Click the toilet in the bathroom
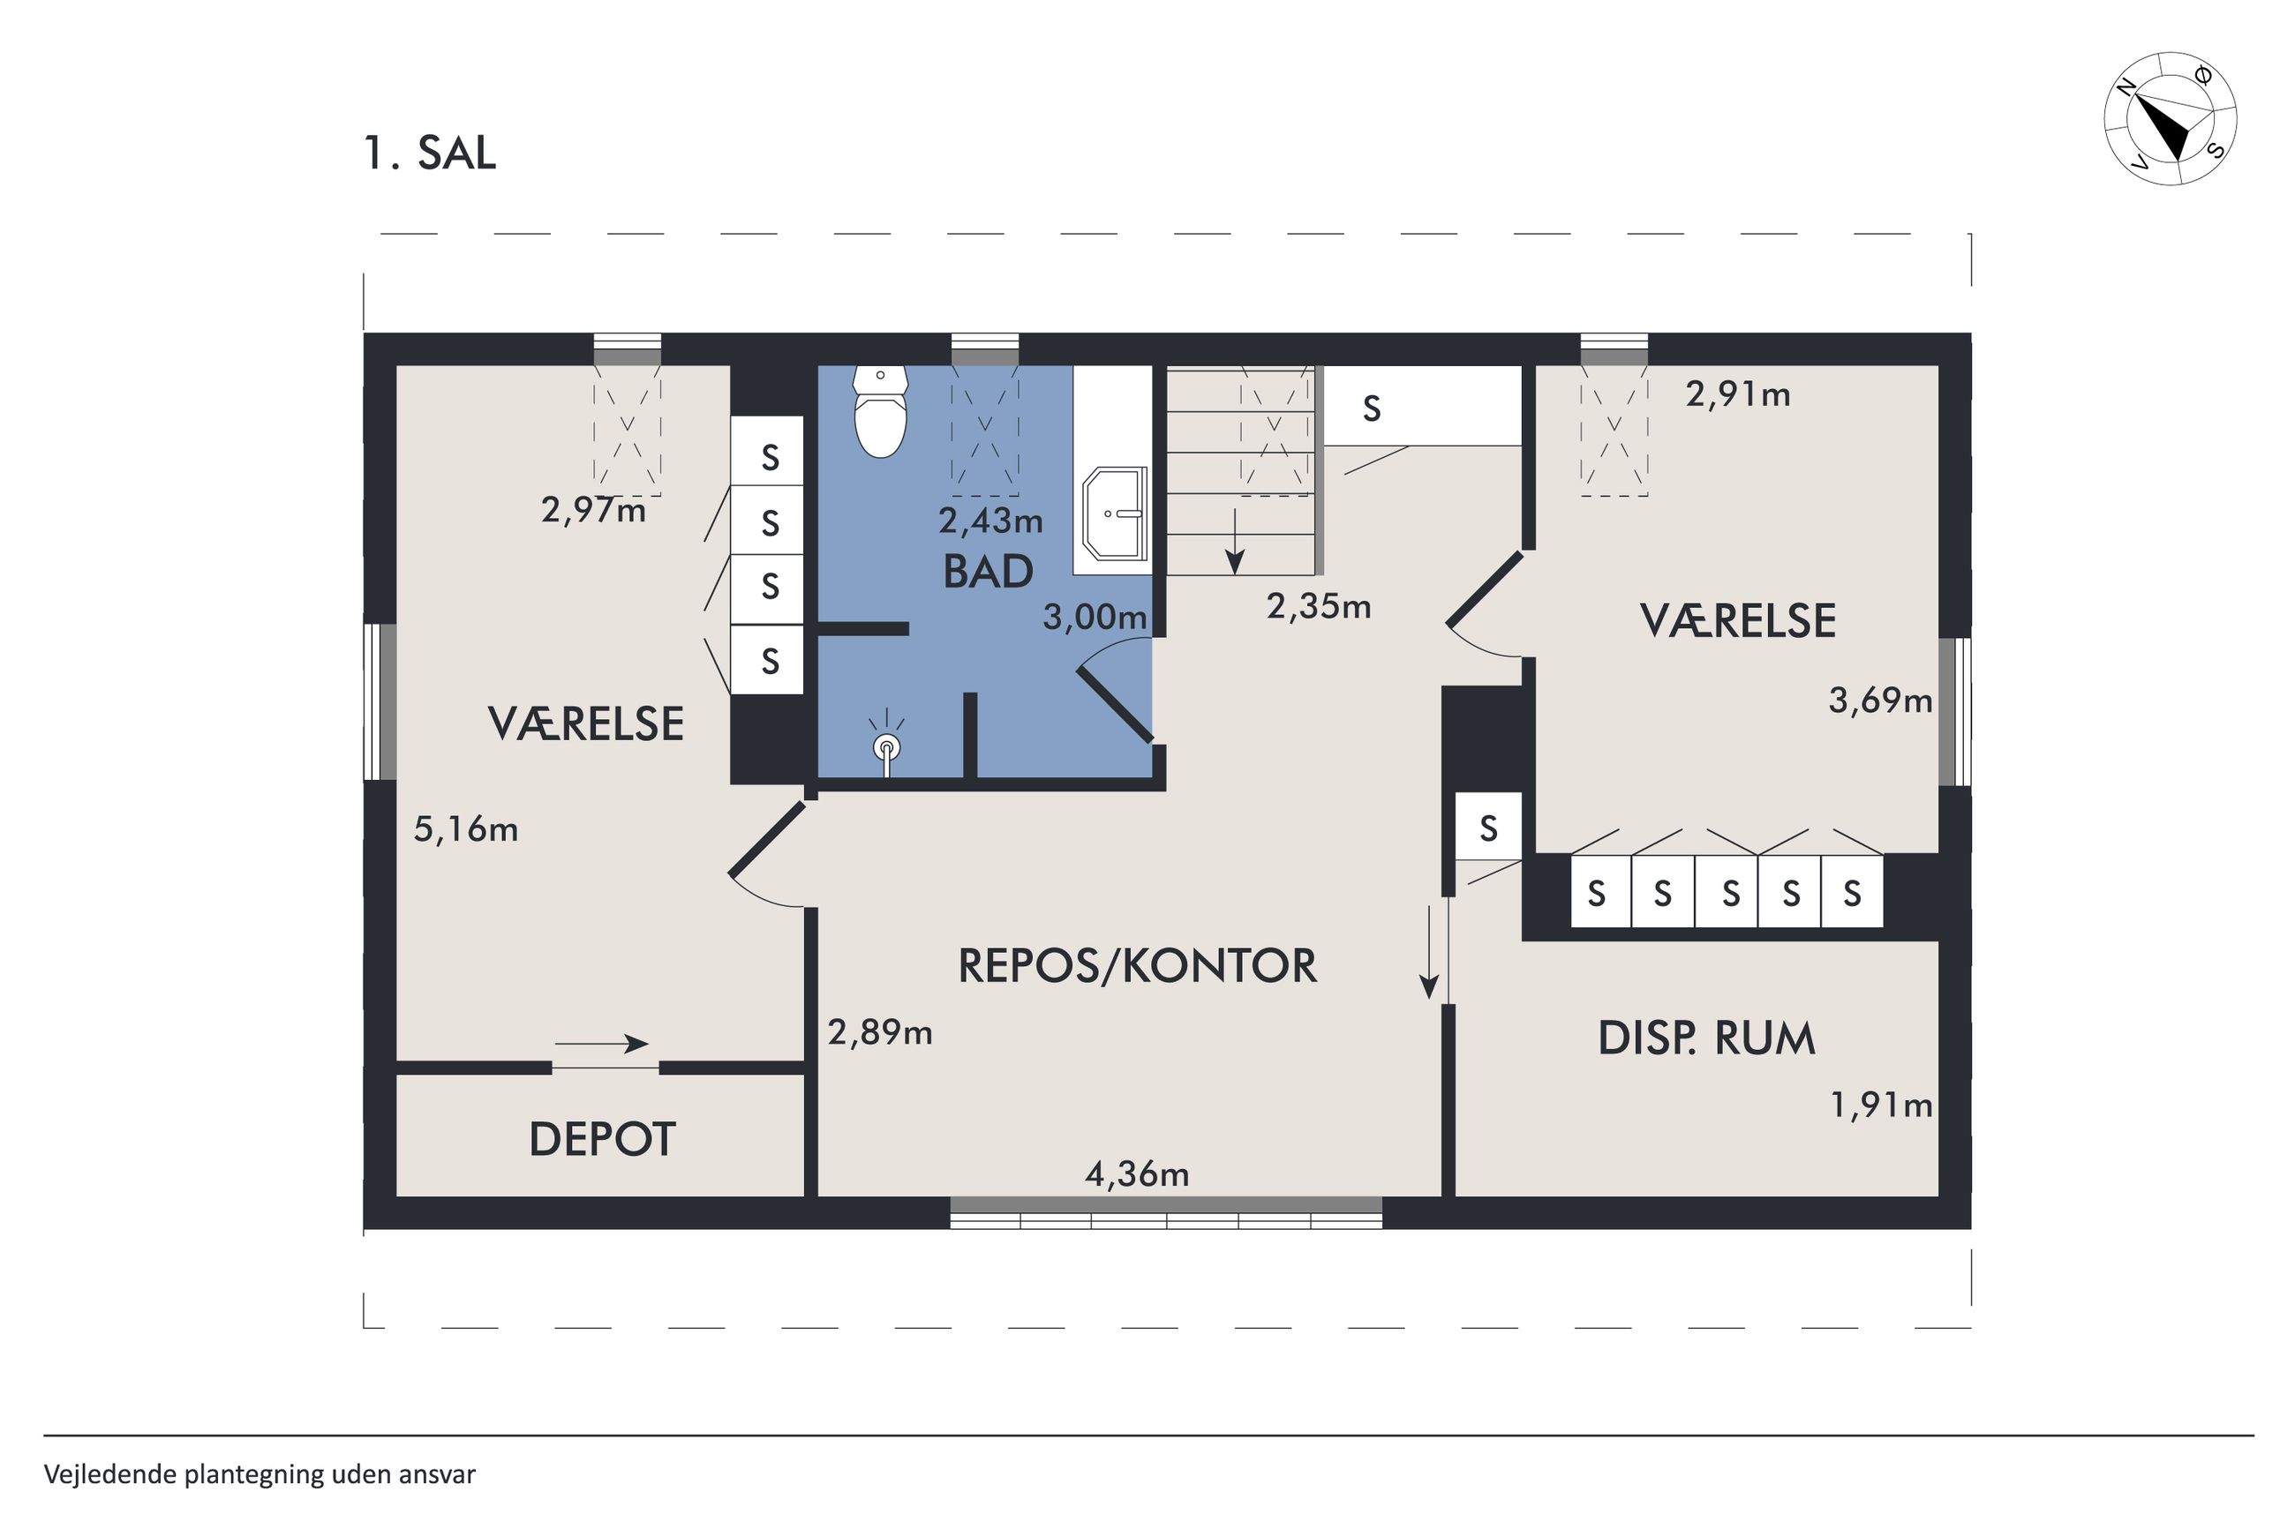880,410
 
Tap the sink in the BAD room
1115,513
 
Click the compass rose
2171,118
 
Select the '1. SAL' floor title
430,154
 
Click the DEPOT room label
602,1139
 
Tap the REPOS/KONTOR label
1137,965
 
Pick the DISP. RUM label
1706,1038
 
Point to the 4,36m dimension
1137,1174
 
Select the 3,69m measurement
1879,701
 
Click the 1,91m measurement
1880,1105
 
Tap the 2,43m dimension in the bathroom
990,521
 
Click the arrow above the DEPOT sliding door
602,1044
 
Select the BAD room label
988,573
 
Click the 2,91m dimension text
1738,394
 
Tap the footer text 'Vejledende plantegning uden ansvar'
260,1474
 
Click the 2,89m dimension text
880,1031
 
